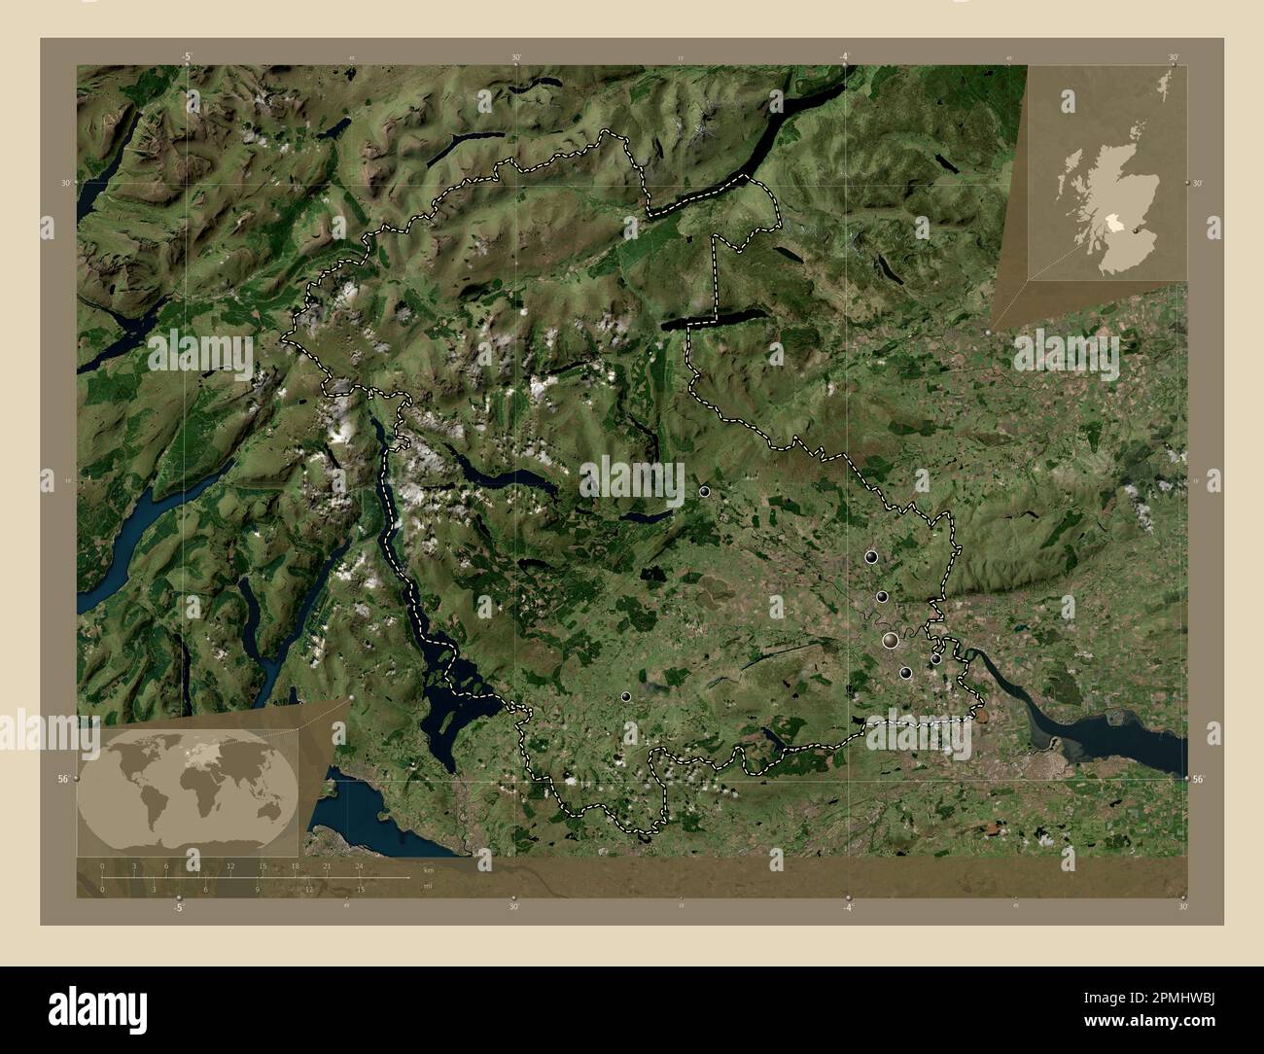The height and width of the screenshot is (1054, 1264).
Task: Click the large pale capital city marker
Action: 890,640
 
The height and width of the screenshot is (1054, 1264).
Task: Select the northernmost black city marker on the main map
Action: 705,492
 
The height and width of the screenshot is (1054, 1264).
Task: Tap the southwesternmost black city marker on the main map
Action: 625,696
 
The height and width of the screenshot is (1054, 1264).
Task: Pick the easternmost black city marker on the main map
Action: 935,659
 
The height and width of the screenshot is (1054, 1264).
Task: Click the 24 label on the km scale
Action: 359,865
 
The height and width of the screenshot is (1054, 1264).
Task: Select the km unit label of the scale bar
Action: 428,868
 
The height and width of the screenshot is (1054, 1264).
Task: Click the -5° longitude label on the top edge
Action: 186,56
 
